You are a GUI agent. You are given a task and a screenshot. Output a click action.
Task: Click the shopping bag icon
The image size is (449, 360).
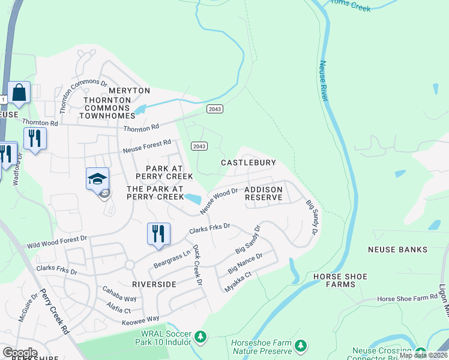[x=19, y=93]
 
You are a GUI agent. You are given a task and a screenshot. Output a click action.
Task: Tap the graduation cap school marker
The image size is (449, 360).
[x=97, y=179]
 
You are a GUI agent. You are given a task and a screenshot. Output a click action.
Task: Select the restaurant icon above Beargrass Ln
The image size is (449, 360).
[x=158, y=234]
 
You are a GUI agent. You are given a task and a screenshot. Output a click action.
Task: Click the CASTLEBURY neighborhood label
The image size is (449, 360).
[x=248, y=163]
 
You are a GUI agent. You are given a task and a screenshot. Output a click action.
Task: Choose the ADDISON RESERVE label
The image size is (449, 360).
[x=263, y=193]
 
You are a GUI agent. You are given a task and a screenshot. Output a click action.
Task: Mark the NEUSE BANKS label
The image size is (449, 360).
[x=397, y=249]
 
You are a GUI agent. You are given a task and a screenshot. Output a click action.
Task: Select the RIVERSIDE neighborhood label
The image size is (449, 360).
[x=155, y=283]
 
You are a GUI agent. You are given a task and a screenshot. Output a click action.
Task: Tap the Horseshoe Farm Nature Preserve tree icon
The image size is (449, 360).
[x=300, y=346]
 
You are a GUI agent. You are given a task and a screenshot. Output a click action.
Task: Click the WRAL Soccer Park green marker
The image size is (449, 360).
[x=200, y=337]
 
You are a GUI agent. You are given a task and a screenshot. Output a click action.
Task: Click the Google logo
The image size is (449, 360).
[x=20, y=352]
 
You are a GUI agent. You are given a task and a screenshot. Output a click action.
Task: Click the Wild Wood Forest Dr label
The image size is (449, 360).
[x=57, y=242]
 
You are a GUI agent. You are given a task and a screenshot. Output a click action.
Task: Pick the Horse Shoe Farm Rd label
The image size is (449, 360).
[x=407, y=298]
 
